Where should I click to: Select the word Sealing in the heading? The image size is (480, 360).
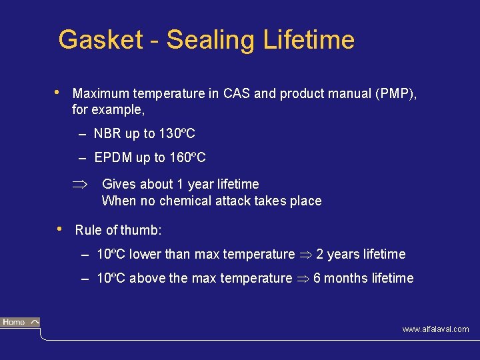(210, 40)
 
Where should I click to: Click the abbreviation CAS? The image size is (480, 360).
(237, 93)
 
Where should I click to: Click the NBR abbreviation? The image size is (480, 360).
(107, 134)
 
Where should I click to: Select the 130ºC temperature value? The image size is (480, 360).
(177, 134)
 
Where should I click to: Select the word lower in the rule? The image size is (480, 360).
(145, 254)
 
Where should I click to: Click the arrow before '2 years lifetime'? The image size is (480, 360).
(305, 255)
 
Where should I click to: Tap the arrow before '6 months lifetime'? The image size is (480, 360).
(303, 279)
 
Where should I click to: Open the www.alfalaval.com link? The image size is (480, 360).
(435, 329)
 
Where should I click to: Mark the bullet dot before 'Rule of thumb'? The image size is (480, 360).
(61, 229)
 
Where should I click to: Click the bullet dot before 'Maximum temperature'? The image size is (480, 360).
(59, 92)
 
